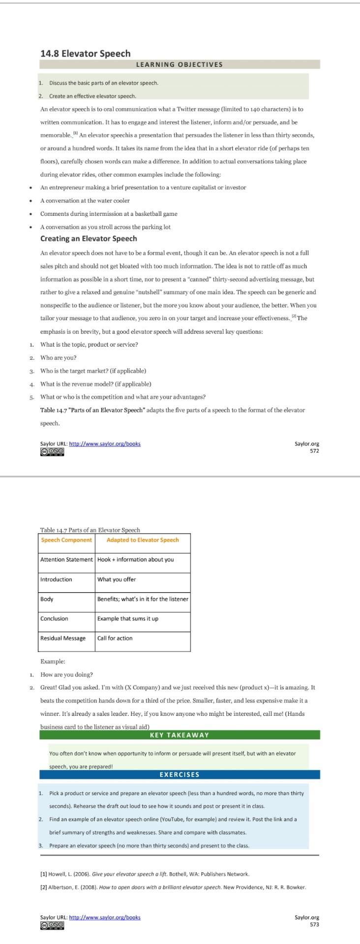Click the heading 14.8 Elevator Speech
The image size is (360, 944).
pos(85,53)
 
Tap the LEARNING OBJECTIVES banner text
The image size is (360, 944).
pos(179,64)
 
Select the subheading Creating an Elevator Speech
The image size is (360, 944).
pos(89,238)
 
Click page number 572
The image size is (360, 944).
pos(314,451)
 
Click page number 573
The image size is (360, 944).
pos(314,924)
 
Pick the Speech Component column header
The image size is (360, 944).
pos(66,540)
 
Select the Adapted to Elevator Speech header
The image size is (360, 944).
pos(143,540)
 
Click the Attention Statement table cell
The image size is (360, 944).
pos(66,560)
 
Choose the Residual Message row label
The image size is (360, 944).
pos(63,638)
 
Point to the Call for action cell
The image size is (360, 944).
pos(115,638)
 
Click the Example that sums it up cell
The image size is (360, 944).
pos(128,619)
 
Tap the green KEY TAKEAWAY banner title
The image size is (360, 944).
pos(179,735)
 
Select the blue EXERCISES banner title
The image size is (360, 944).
pos(179,774)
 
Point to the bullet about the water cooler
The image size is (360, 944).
pos(85,201)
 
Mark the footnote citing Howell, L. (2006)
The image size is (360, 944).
pos(145,874)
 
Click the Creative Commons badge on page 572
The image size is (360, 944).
pos(52,451)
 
